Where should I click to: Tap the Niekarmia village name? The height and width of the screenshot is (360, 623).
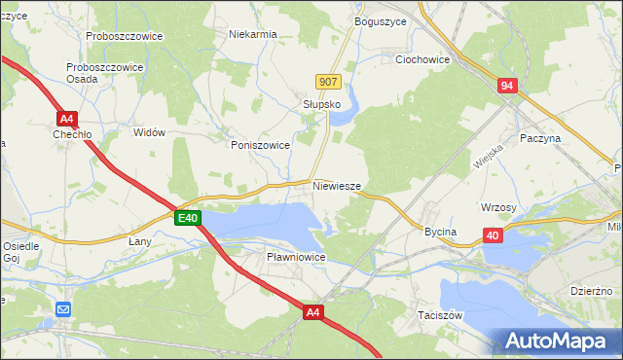coord(253,34)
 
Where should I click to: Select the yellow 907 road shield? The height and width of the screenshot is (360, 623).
coord(328,82)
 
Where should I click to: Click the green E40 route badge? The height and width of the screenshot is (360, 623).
coord(188,219)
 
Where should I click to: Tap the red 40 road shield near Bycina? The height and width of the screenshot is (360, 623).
coord(494,235)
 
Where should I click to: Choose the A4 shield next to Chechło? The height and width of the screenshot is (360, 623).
coord(66,119)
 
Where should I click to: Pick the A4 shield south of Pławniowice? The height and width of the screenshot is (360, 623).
coord(311,312)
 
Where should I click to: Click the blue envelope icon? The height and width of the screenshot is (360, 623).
coord(63,309)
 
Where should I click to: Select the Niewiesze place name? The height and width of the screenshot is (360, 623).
coord(337,185)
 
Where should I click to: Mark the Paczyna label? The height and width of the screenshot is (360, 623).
coord(540,139)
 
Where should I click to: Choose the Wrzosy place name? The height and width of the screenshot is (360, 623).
coord(497,207)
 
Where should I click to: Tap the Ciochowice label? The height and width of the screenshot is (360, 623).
coord(421,59)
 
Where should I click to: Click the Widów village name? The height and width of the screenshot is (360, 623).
coord(149,132)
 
